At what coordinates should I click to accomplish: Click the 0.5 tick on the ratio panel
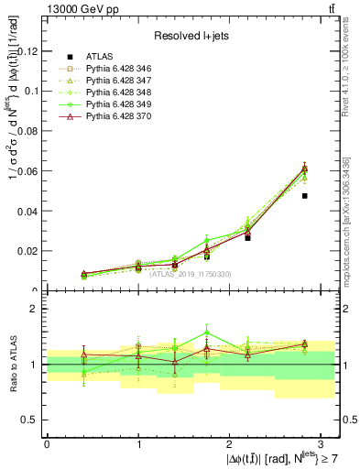point(29,420)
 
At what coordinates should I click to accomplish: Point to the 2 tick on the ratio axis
point(34,309)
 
